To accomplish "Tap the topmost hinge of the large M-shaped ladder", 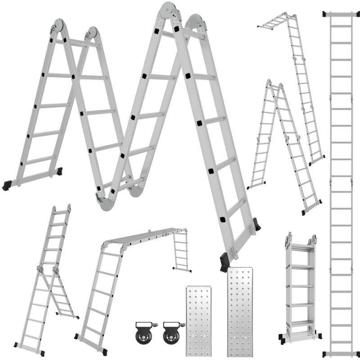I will (168, 11).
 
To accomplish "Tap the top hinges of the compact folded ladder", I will (301, 239).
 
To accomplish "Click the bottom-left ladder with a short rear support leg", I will (45, 279).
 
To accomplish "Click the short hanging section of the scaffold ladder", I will (181, 252).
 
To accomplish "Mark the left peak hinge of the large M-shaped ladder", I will (58, 26).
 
